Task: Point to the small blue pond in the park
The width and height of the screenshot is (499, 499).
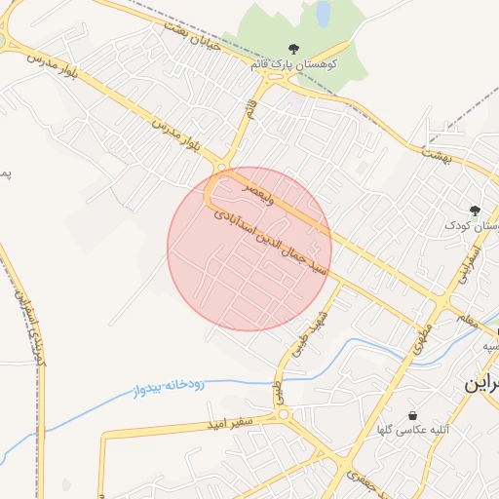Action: (322, 13)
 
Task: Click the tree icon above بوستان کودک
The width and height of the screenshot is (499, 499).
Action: (475, 210)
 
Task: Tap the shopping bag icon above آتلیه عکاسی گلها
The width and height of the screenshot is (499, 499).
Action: (414, 415)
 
